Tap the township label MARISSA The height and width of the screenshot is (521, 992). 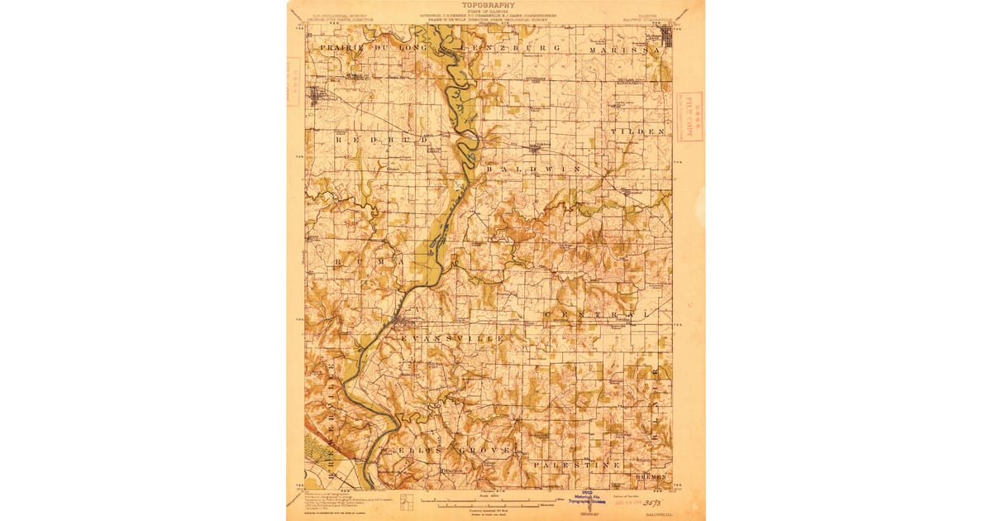coord(626,50)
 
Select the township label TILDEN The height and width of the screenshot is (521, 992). coord(638,131)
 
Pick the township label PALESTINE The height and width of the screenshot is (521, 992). coord(577,466)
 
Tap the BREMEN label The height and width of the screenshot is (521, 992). coord(651,478)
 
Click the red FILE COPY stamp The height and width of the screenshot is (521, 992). coord(689,117)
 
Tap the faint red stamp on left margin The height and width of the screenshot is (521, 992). coord(293,81)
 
